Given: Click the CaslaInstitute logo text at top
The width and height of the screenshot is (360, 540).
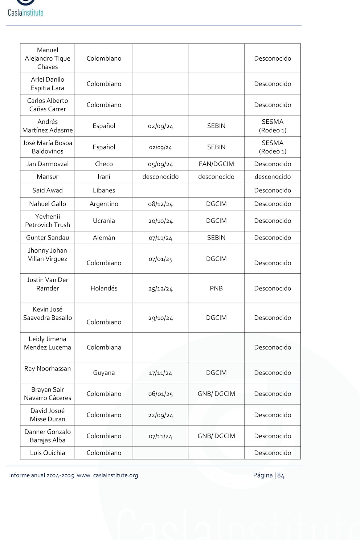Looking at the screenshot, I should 25,12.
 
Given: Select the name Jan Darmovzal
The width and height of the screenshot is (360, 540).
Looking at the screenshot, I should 48,164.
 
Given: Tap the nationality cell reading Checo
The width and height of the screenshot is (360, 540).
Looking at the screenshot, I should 104,164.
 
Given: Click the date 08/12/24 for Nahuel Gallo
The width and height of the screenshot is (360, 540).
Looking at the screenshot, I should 160,204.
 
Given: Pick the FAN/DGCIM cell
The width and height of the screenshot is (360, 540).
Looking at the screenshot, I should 216,164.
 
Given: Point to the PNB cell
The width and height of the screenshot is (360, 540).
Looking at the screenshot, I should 216,289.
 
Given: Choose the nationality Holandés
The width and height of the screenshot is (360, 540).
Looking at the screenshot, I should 104,289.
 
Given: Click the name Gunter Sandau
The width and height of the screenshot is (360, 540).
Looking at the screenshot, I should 48,238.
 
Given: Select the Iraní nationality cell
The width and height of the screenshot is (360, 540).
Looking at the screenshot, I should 104,177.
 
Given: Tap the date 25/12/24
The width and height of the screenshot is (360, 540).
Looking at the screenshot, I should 160,289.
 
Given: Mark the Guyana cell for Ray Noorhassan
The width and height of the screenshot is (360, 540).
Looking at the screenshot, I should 104,373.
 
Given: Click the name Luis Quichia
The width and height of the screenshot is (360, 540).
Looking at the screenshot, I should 48,453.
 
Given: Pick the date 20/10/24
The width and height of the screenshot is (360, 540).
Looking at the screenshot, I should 160,221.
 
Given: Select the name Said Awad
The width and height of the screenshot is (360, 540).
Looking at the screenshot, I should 48,191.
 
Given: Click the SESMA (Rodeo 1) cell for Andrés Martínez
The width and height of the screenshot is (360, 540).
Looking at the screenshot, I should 273,126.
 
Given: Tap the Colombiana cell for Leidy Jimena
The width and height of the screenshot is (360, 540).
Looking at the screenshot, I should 104,347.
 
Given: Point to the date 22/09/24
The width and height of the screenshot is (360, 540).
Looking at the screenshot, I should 160,415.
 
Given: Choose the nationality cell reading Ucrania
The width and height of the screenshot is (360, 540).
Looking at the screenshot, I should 104,221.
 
